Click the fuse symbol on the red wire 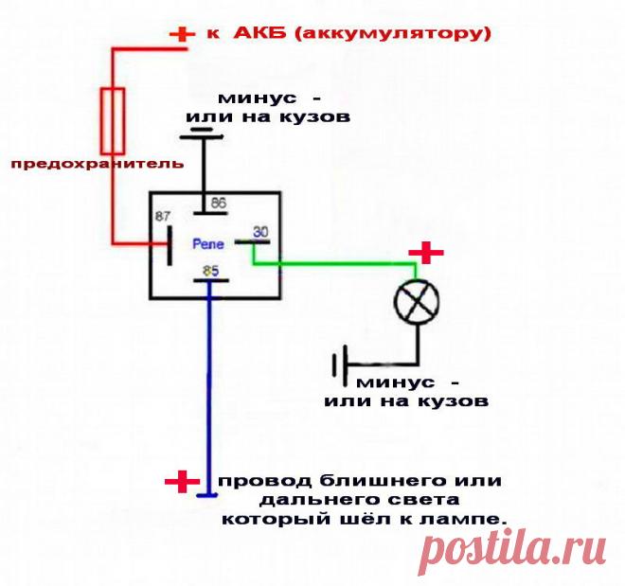pyautogui.click(x=113, y=119)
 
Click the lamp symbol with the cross pyautogui.click(x=418, y=303)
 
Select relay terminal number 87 pyautogui.click(x=163, y=217)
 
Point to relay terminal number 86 pyautogui.click(x=218, y=204)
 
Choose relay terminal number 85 pyautogui.click(x=210, y=273)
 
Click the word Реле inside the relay pyautogui.click(x=208, y=243)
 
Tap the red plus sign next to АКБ pyautogui.click(x=179, y=35)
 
